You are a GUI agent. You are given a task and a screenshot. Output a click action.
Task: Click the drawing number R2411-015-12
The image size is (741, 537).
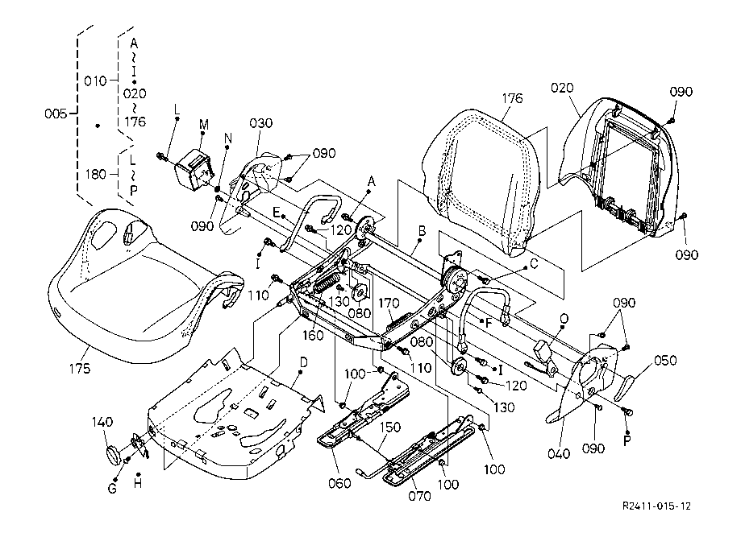656,506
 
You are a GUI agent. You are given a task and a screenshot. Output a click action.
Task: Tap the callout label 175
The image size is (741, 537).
79,369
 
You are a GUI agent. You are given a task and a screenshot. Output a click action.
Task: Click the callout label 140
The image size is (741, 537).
102,421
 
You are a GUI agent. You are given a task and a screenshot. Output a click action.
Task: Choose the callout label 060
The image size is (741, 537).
339,483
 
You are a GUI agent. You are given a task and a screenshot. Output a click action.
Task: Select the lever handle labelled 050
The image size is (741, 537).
629,388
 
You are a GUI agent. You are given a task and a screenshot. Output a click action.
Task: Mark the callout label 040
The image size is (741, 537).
557,454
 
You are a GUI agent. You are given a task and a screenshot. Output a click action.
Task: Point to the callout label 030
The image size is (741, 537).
260,123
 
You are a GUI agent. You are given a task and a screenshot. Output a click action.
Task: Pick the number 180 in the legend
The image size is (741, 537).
96,173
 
